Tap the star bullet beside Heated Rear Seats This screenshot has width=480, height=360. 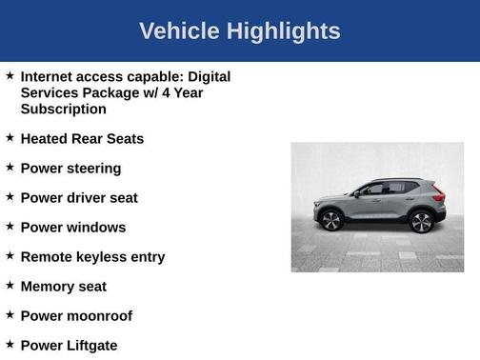[x=10, y=138]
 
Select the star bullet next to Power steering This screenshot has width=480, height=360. [x=10, y=168]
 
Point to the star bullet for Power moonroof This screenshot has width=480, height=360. [x=10, y=315]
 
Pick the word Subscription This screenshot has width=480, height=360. [x=63, y=109]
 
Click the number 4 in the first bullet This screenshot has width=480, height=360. [x=161, y=92]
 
